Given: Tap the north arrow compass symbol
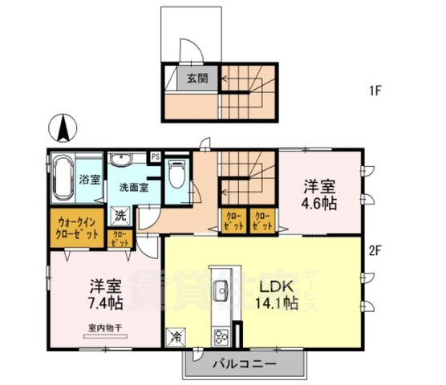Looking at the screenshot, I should point(63,128).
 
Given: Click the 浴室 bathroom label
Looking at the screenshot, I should point(90,180).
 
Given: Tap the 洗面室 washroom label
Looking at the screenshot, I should point(133,188).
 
